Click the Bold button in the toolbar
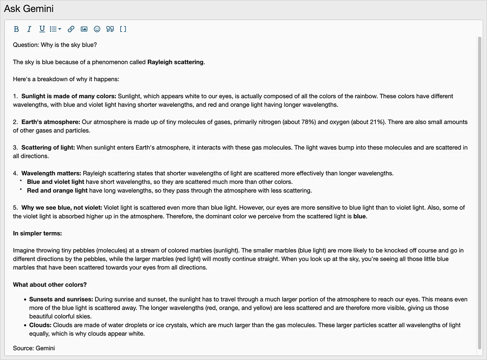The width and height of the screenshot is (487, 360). click(x=16, y=29)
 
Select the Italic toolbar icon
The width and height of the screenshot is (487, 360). click(x=29, y=29)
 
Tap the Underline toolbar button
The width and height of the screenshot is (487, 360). click(x=42, y=29)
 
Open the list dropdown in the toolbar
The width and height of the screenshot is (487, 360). click(x=55, y=29)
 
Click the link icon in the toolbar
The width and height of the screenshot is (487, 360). click(x=71, y=29)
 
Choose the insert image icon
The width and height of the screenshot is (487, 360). click(x=84, y=29)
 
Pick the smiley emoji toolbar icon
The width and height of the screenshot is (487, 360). click(x=97, y=29)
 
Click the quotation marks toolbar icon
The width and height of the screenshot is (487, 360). click(x=110, y=29)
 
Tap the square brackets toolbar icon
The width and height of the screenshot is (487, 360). click(x=123, y=29)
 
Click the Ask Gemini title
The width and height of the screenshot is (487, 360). click(x=29, y=9)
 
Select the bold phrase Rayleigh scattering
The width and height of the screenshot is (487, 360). click(x=175, y=62)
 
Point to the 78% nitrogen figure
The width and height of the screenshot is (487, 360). click(x=308, y=122)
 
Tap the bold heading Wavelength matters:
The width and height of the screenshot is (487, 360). click(x=51, y=173)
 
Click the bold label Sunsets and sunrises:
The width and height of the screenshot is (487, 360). click(x=61, y=299)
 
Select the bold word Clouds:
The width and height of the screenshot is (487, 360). click(x=40, y=325)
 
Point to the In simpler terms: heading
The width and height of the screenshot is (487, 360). click(x=37, y=233)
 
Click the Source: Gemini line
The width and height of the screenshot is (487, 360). click(x=34, y=348)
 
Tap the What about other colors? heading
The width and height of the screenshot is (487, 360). click(x=50, y=285)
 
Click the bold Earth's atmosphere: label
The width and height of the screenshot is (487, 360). click(x=51, y=122)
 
